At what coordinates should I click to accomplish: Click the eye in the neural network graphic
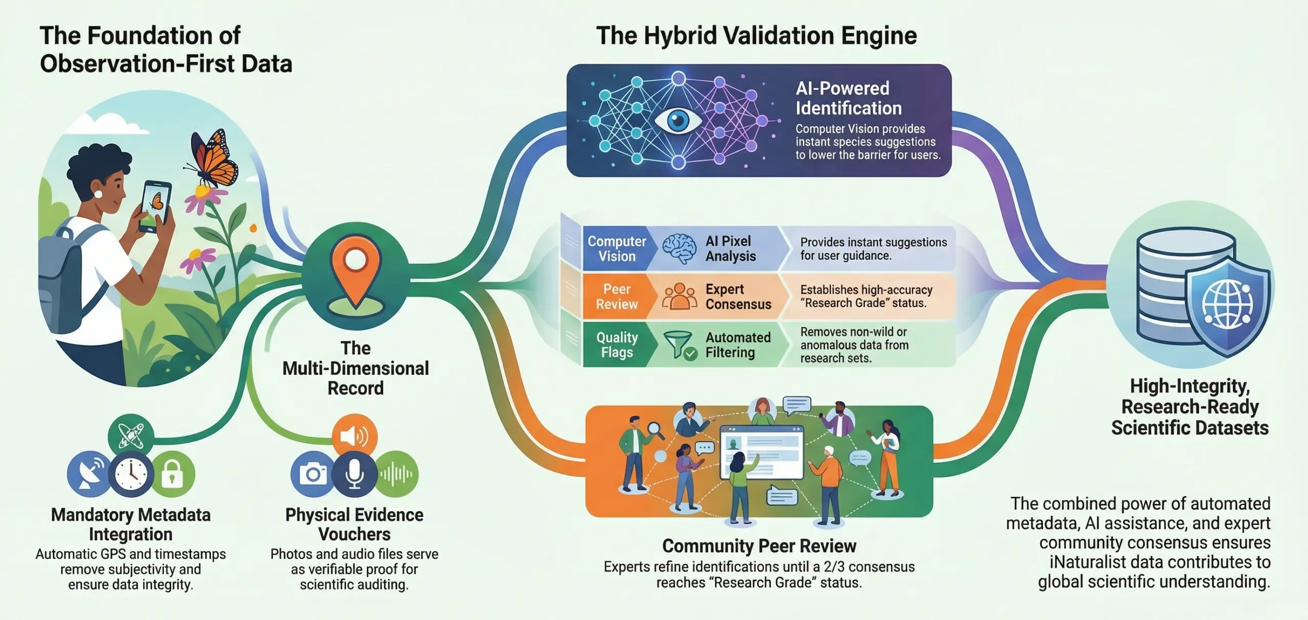[678, 121]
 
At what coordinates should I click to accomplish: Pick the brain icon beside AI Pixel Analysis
[679, 248]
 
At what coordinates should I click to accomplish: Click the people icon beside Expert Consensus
[679, 296]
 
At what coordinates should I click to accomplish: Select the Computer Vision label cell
[617, 248]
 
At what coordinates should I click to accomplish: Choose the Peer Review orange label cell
[617, 296]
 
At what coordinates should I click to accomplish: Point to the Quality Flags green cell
[617, 345]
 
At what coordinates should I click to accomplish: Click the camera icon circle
[313, 474]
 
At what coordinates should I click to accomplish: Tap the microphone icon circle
[354, 474]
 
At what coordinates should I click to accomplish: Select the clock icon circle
[131, 474]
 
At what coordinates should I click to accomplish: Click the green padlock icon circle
[173, 474]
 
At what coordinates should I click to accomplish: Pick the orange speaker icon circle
[355, 436]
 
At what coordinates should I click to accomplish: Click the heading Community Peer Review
[759, 546]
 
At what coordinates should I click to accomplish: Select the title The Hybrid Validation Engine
[757, 36]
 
